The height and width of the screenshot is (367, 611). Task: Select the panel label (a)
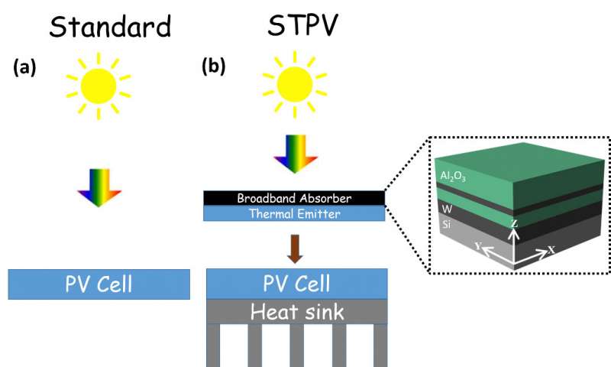tap(25, 67)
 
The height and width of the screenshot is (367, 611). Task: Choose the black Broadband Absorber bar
tap(295, 198)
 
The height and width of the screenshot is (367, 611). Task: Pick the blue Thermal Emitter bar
tap(295, 214)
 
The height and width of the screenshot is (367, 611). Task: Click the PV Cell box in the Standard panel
tap(98, 284)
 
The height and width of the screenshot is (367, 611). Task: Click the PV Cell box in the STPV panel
tap(296, 284)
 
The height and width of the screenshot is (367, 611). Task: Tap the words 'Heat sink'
tap(296, 312)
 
